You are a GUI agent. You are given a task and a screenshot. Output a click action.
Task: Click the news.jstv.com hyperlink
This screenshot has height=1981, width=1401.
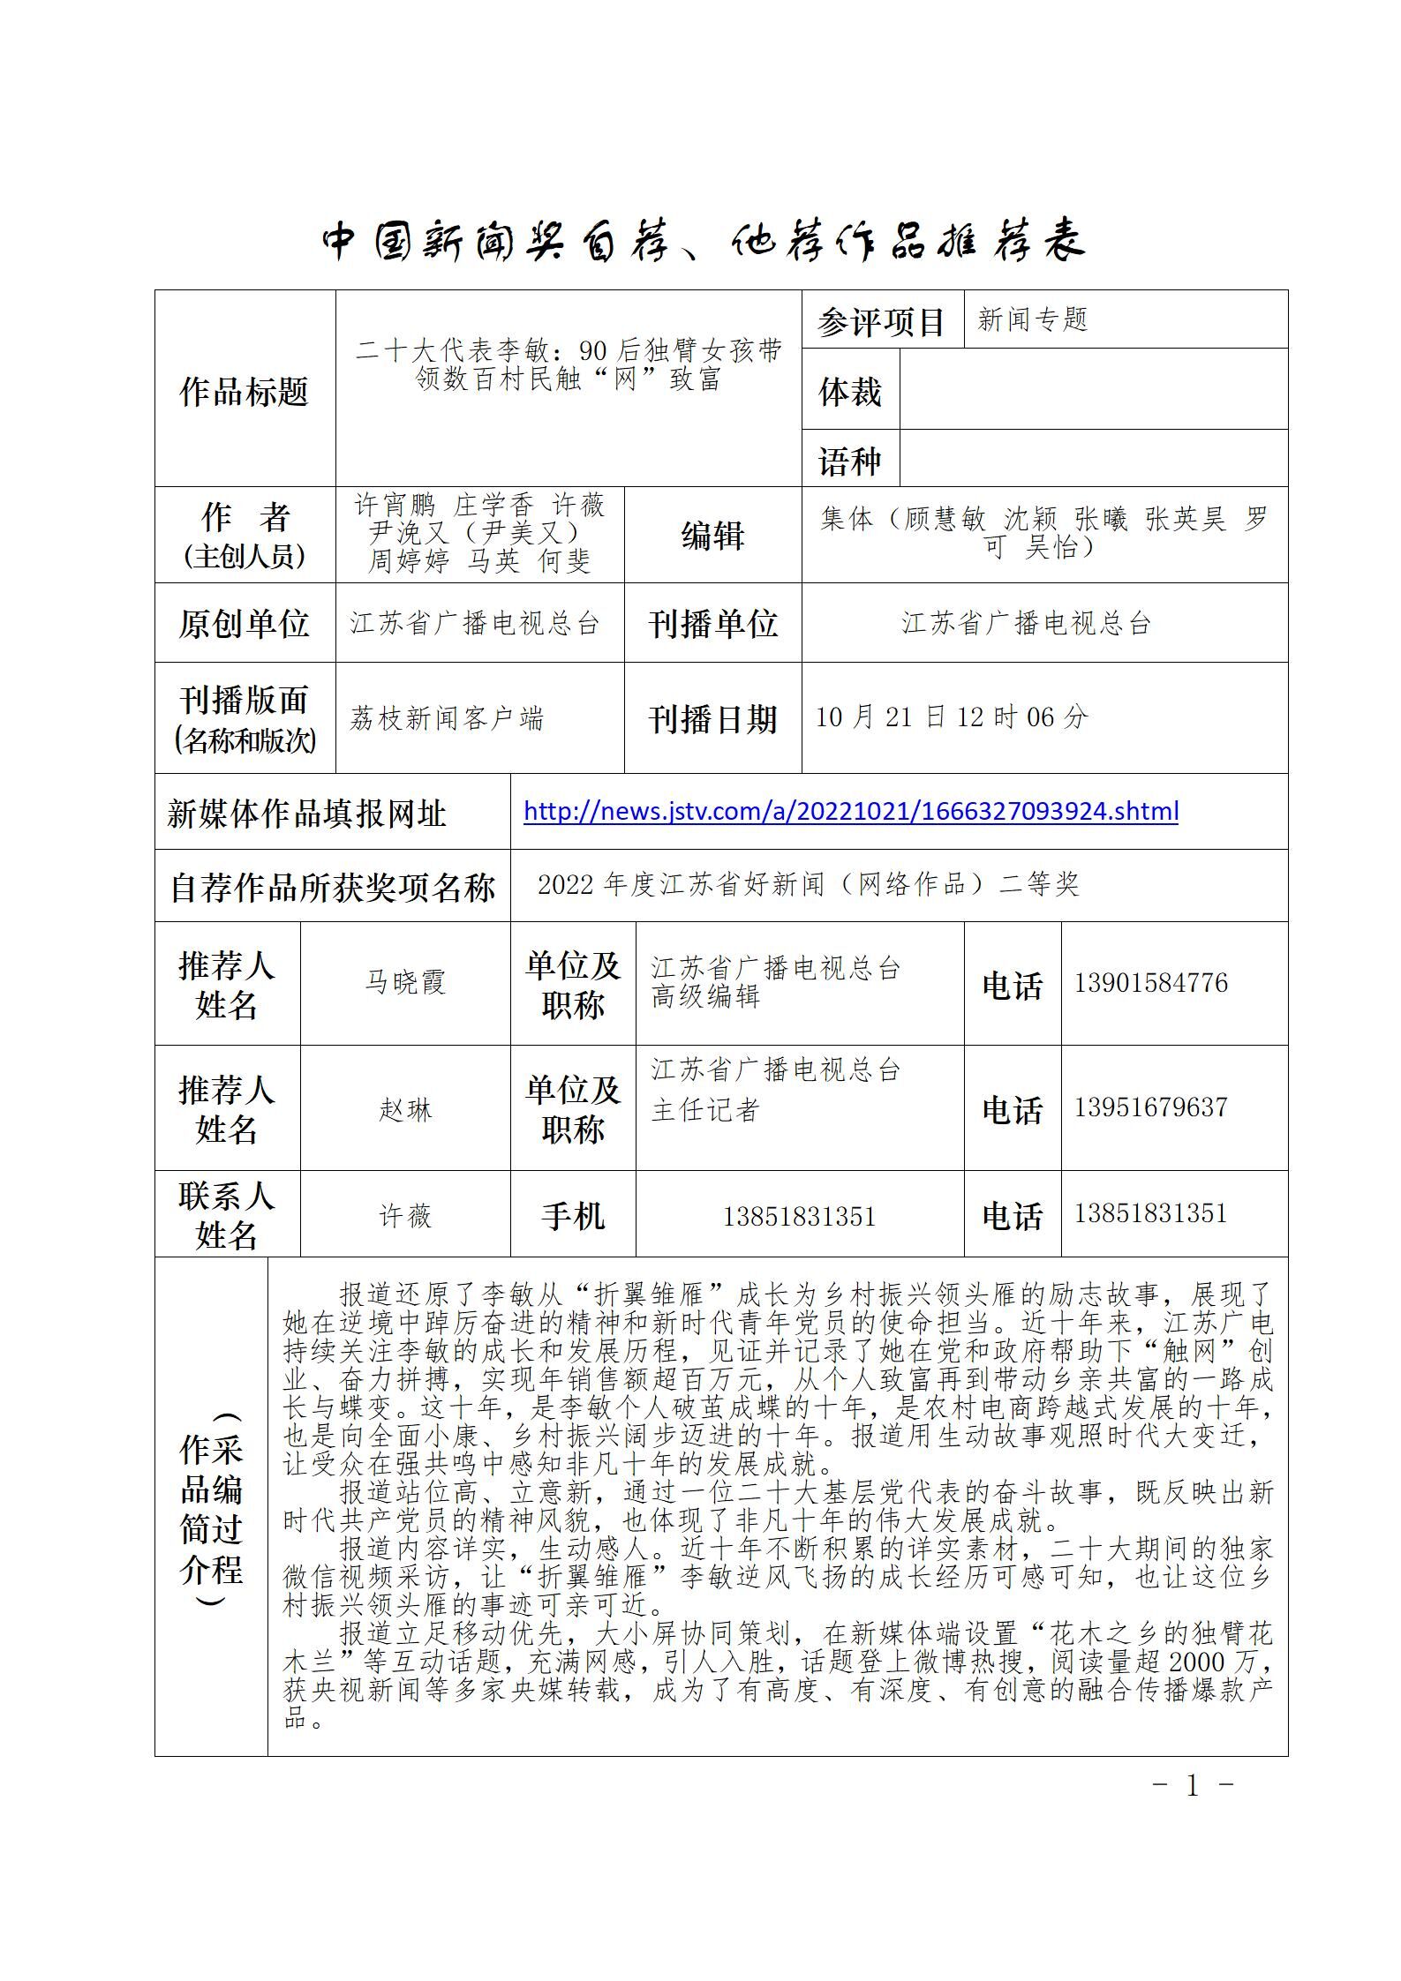tap(850, 811)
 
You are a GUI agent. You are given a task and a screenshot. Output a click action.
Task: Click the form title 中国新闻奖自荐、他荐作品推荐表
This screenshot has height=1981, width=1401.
tap(702, 240)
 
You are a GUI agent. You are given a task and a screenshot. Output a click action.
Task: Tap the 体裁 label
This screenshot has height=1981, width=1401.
tap(849, 391)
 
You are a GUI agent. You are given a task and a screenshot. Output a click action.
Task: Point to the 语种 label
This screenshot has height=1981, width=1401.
tap(849, 461)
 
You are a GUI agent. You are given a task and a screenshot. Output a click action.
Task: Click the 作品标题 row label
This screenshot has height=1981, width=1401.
tap(244, 391)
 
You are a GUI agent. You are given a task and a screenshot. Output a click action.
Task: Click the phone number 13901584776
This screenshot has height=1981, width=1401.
tap(1150, 983)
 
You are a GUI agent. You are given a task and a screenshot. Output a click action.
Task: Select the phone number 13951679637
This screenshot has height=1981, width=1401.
tap(1150, 1107)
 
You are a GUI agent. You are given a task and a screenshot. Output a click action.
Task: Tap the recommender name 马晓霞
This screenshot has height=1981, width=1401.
tap(405, 982)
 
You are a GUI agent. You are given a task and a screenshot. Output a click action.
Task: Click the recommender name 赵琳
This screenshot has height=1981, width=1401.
tap(405, 1109)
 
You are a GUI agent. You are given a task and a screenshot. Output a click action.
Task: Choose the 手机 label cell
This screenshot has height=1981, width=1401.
tap(572, 1216)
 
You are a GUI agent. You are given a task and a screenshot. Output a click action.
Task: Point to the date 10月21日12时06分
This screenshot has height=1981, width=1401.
tap(951, 717)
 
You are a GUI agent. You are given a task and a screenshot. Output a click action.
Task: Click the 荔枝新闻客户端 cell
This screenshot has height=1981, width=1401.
tap(447, 718)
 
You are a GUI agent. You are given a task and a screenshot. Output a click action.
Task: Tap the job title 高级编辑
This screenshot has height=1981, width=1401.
tap(705, 997)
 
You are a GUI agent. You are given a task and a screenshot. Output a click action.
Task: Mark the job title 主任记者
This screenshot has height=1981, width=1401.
tap(705, 1109)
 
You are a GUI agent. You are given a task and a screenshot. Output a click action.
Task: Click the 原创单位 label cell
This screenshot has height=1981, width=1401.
tap(244, 623)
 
